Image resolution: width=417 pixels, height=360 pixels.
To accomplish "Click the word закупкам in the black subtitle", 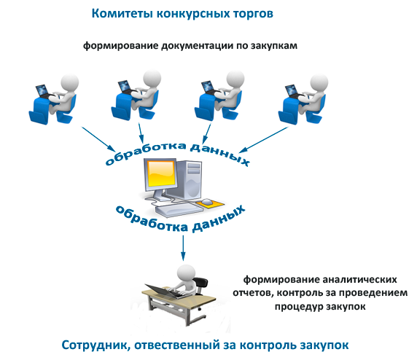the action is [274, 46].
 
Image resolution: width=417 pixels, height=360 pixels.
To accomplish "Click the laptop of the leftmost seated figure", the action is [43, 91].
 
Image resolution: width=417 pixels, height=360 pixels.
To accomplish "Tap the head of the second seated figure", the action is [152, 79].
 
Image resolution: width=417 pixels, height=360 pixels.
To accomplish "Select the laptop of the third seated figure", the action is [208, 87].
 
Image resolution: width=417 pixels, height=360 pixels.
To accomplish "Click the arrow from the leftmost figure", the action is [98, 138].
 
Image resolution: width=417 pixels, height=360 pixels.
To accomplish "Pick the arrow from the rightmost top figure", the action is [264, 140].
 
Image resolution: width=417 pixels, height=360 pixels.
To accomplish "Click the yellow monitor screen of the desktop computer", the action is [161, 174].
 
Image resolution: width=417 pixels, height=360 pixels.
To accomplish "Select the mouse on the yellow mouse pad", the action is [206, 202].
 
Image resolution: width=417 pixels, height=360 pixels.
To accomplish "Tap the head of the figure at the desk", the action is [187, 274].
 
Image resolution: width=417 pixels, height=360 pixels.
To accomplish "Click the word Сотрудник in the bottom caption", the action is [96, 345].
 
